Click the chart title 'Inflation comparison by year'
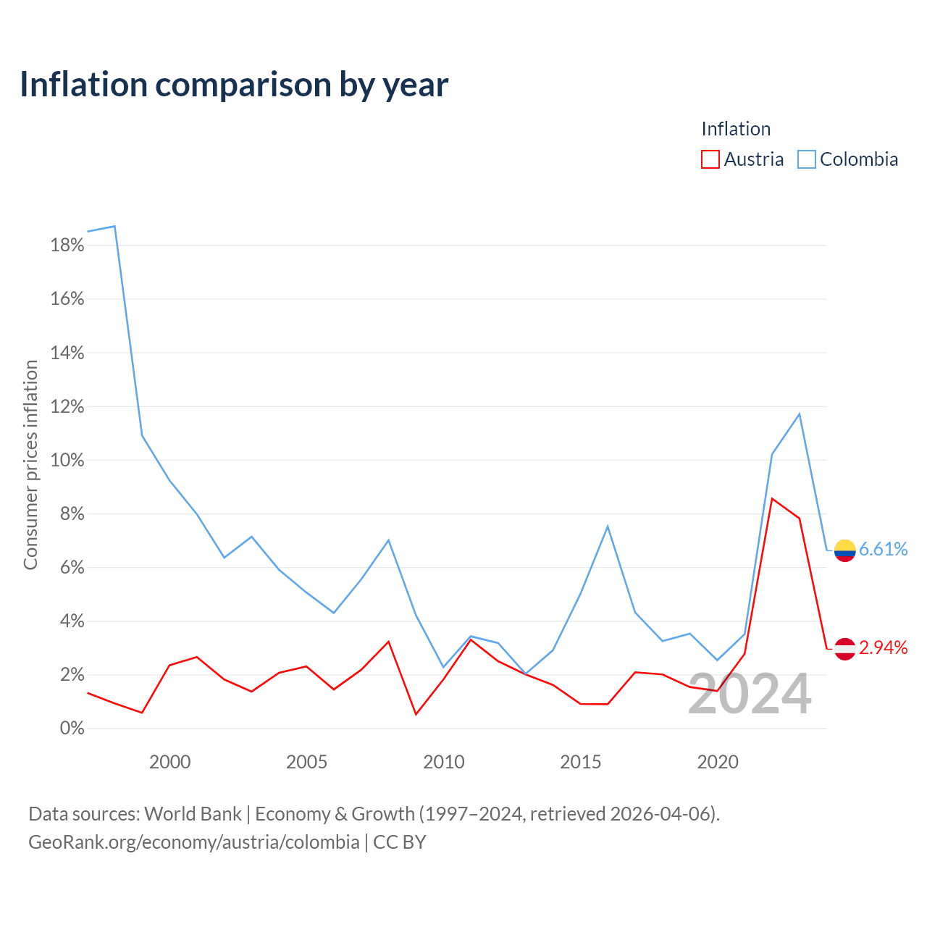(234, 85)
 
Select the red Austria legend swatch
(710, 159)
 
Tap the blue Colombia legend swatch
(806, 159)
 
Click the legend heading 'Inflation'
(736, 129)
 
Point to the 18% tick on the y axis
(67, 246)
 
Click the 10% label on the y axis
(67, 461)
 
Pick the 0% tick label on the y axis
(72, 729)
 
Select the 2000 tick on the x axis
(169, 762)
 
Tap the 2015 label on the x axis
(581, 762)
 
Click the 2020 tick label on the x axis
(718, 762)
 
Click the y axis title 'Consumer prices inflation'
(30, 465)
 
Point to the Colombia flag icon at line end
(844, 550)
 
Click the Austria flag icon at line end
(844, 649)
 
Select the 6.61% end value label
(884, 549)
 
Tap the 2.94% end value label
(884, 648)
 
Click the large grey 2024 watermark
(750, 694)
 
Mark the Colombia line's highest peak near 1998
(114, 226)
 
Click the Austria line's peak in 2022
(772, 498)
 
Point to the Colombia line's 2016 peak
(608, 527)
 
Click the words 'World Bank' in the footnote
(193, 814)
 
